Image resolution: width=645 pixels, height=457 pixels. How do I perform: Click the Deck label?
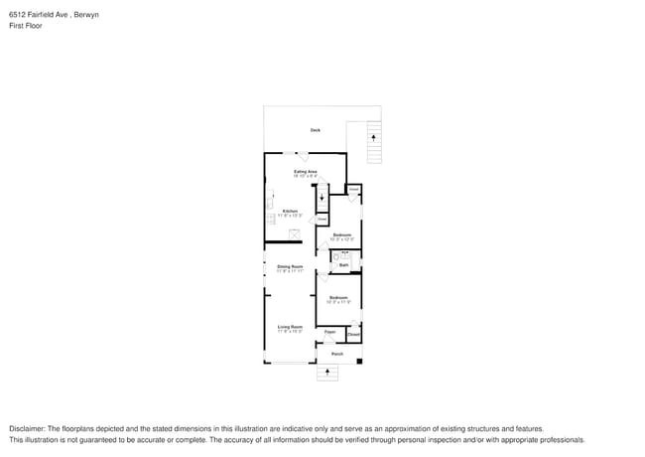(x=316, y=130)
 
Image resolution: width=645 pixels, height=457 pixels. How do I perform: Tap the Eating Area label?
(x=305, y=172)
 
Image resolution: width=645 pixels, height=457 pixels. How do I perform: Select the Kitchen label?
(x=290, y=211)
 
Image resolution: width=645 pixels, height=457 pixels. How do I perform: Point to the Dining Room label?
(x=290, y=266)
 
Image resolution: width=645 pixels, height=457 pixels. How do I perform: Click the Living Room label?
(x=290, y=326)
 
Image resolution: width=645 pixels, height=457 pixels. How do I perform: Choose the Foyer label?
(x=329, y=332)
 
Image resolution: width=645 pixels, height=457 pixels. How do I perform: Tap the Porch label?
(x=337, y=354)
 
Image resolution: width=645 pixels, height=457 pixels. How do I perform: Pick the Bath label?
(x=344, y=265)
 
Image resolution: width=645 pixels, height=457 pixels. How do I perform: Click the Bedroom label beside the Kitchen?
(x=341, y=234)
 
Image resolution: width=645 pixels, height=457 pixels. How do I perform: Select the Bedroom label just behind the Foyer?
(x=338, y=297)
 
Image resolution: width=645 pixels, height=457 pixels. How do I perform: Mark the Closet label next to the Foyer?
(x=353, y=335)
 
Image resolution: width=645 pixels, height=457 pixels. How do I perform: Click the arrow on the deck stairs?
(x=373, y=138)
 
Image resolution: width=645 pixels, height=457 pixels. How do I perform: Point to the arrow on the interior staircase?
(x=322, y=196)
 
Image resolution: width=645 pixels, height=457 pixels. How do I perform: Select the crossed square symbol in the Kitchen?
(x=295, y=231)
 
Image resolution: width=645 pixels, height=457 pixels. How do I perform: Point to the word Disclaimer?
(x=27, y=428)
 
